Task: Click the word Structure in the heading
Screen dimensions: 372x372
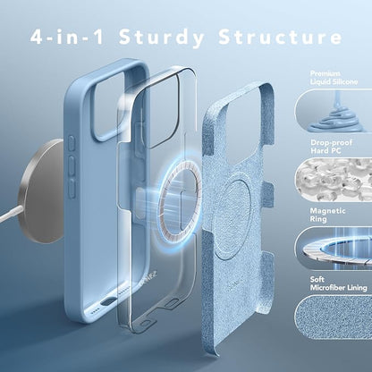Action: coord(280,37)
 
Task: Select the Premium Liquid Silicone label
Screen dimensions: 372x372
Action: coord(334,78)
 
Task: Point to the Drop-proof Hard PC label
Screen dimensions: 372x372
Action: coord(331,147)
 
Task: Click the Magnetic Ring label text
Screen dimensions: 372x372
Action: coord(327,215)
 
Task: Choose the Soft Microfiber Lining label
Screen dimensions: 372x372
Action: coord(338,283)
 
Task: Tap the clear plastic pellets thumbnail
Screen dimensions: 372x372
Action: coord(334,180)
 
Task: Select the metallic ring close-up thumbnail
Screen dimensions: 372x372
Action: coord(334,248)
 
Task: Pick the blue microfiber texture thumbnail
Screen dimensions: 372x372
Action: coord(334,317)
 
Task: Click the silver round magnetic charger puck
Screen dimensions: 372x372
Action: coord(41,190)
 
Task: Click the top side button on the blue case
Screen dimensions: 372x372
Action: coord(72,144)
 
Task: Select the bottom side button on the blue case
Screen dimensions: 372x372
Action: coord(72,188)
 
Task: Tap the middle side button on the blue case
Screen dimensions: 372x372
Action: coord(72,165)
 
